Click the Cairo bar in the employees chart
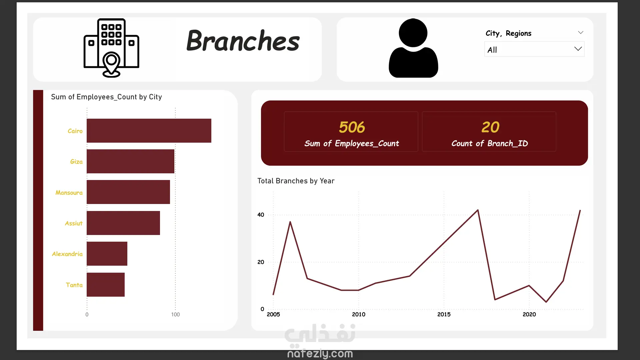coord(149,131)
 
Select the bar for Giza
coord(130,161)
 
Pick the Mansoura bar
coord(128,192)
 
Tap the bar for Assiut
coord(123,223)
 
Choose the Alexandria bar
coord(107,254)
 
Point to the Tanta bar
coord(106,285)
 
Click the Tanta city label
coord(74,285)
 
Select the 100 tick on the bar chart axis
coord(175,314)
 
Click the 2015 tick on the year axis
coord(444,314)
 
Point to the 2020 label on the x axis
coord(529,314)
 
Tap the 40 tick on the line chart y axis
coord(261,215)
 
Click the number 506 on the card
coord(352,127)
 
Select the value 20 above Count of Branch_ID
coord(490,127)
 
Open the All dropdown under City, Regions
coord(534,49)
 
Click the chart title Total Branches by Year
coord(296,181)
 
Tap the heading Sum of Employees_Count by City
coord(106,97)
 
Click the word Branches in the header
coord(243,41)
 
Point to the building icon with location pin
coord(111,48)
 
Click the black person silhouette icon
coord(413,48)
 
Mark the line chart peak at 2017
coord(478,210)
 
